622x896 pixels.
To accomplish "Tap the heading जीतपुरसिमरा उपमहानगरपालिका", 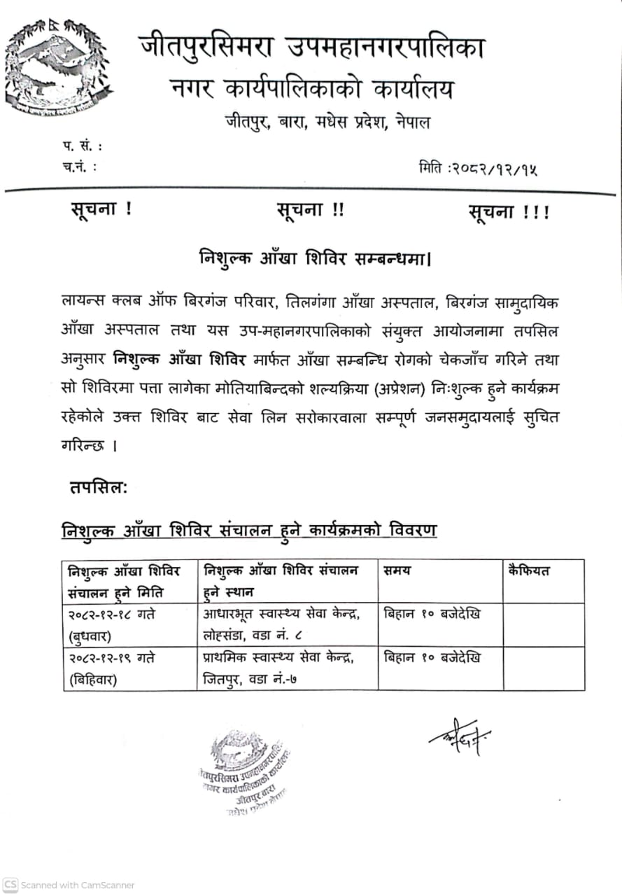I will [311, 48].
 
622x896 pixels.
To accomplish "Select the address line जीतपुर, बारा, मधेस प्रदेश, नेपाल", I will [327, 122].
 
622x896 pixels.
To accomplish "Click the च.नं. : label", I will [79, 167].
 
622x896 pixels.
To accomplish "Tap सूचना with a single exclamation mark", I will [101, 209].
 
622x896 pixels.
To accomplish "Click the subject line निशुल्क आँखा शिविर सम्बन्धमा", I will [314, 258].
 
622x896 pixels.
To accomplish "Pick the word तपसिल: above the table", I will [98, 487].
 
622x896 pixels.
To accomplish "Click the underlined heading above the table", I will [248, 530].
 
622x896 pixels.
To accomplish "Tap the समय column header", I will [397, 570].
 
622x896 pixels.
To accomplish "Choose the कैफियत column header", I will [529, 570].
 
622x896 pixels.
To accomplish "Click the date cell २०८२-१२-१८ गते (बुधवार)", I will [112, 624].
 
